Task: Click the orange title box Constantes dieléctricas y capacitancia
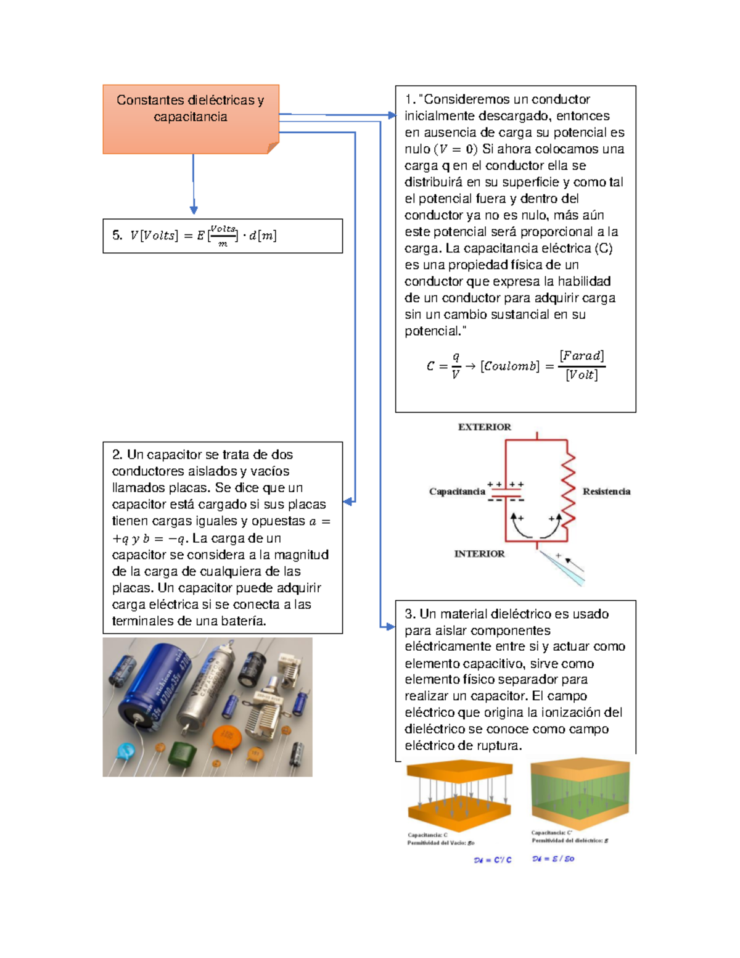tap(191, 118)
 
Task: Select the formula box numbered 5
tap(222, 236)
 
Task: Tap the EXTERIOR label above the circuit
tap(484, 427)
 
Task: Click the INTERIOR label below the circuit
tap(479, 554)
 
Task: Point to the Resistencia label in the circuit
tap(606, 492)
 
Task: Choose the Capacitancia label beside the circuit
tap(457, 492)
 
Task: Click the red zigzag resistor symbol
tap(567, 487)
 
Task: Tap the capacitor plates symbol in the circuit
tap(506, 493)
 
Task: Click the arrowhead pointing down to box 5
tap(194, 210)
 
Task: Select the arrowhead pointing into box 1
tap(392, 115)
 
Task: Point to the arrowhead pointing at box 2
tap(348, 502)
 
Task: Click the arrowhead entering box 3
tap(390, 627)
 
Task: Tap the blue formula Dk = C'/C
tap(492, 860)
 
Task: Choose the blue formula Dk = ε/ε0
tap(553, 859)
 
